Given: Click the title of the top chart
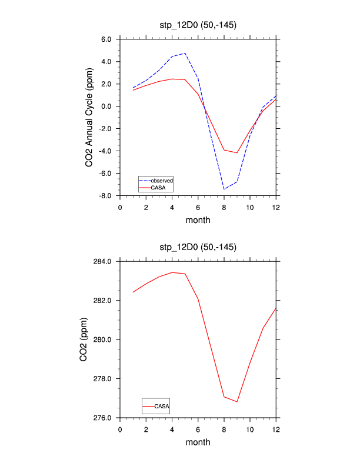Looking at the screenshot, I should tap(198, 24).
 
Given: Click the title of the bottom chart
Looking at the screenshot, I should tap(198, 247).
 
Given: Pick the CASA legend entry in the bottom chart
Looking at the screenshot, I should tap(162, 406).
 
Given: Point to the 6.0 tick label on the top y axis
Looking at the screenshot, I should tap(106, 39).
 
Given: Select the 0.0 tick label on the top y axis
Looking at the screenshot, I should tap(106, 106).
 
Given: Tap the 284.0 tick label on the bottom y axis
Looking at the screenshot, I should tap(104, 261).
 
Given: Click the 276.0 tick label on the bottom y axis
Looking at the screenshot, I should tap(104, 418).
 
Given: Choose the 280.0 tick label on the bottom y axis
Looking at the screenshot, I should tap(104, 340).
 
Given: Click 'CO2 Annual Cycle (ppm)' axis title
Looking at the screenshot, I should tap(89, 117).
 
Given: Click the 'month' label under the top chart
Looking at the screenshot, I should tap(198, 220).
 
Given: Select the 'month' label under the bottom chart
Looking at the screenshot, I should tap(198, 442).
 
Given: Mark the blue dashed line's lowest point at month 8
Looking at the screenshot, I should tap(224, 189).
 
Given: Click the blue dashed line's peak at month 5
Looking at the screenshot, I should tap(185, 53).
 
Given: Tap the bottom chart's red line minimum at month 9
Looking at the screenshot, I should tap(237, 402).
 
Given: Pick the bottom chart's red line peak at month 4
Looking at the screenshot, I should tap(172, 272).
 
